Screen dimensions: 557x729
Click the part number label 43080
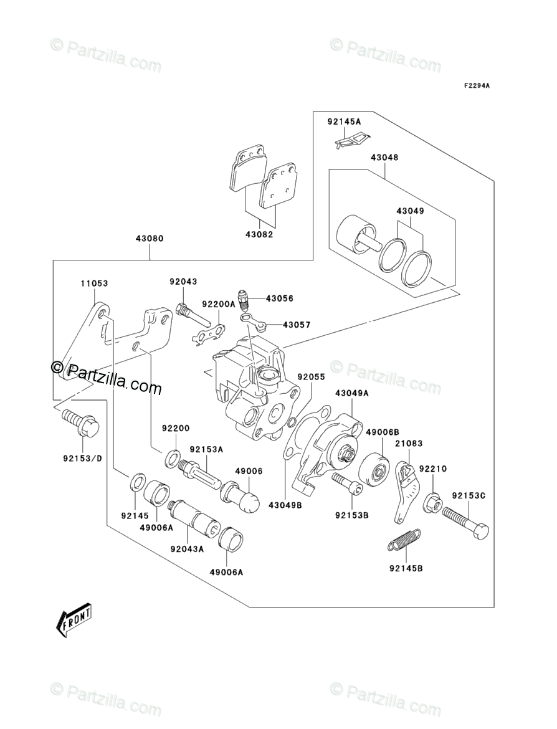(x=150, y=239)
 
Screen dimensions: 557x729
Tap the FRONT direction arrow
(x=74, y=619)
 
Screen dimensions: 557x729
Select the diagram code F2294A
(x=477, y=86)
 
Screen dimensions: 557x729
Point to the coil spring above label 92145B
(x=404, y=541)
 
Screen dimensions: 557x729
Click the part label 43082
(x=259, y=235)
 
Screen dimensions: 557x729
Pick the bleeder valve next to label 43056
(x=244, y=300)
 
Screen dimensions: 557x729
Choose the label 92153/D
(x=82, y=459)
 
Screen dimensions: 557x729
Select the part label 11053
(x=94, y=283)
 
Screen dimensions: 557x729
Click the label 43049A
(x=351, y=393)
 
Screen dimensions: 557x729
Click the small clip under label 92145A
(x=353, y=140)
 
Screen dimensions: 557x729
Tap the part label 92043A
(x=187, y=549)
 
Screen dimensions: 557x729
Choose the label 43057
(x=296, y=325)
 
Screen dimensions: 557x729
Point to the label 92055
(x=312, y=376)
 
